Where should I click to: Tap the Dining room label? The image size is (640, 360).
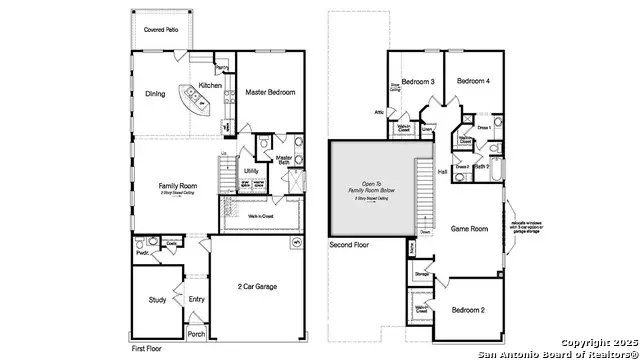pos(155,95)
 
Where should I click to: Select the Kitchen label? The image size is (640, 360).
pos(210,86)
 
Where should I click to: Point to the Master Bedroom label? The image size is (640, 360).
pos(271,92)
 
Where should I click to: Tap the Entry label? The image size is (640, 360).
pos(196,298)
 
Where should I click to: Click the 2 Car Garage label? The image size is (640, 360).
pos(258,287)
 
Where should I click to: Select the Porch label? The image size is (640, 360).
pos(196,334)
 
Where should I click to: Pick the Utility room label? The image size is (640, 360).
pos(251,171)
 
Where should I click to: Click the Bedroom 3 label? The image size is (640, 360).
pos(418,81)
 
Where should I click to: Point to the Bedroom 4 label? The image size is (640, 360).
pos(473,81)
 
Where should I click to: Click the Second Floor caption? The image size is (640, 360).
pos(350,244)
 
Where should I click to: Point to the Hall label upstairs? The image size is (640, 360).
pos(443,172)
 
